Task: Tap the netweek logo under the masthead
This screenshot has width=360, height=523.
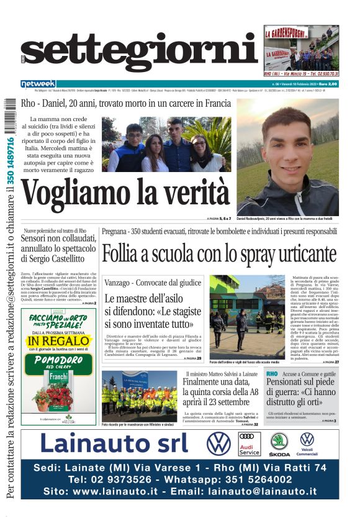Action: [38, 84]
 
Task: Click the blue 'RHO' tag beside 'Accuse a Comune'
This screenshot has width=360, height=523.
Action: [272, 375]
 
